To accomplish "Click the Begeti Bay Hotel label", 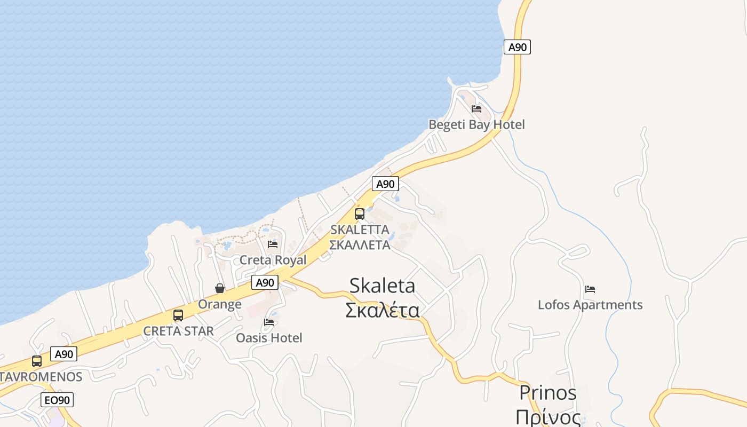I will pos(476,124).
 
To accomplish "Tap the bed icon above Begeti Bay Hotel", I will pos(476,109).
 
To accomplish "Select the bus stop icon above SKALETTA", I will pos(360,214).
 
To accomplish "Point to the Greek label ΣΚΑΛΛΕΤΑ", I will pos(360,245).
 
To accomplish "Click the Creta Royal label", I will pos(273,260).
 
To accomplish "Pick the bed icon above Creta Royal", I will pos(273,244).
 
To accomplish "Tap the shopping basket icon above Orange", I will pos(220,288).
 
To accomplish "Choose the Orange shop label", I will pos(220,304).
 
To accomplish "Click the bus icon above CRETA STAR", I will pos(178,315).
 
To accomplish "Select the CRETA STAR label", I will pos(178,331).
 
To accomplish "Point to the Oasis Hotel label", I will pos(269,338).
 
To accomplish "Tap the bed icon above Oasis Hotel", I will pos(269,322).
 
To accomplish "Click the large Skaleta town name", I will pos(382,286).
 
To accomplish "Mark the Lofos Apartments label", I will pos(590,305).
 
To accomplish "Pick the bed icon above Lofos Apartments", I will pos(590,289).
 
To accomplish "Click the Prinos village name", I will pos(548,393).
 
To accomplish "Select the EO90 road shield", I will pos(57,400).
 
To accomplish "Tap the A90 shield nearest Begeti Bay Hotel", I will pos(517,47).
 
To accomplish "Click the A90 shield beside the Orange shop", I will pos(265,282).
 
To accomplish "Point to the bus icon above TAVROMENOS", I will pos(37,361).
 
